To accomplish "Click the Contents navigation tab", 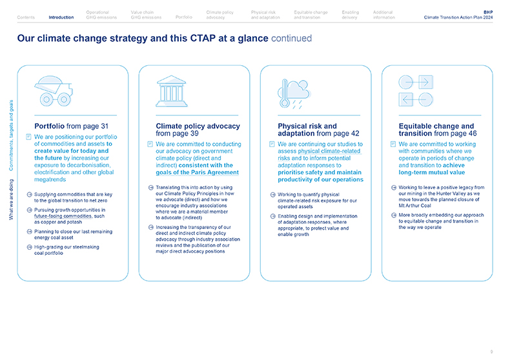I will (26, 17).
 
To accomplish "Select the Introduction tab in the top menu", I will (61, 17).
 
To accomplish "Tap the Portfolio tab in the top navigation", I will (184, 17).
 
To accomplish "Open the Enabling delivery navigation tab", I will (351, 15).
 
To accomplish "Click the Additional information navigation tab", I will (384, 15).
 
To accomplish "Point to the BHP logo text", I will (487, 12).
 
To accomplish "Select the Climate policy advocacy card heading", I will (198, 130).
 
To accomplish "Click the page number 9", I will (491, 352).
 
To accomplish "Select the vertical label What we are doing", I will (11, 199).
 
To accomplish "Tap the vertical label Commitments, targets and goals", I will (11, 137).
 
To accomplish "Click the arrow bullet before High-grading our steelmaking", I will (29, 247).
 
